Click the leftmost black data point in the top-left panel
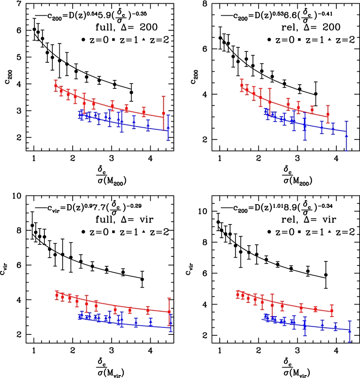click(34, 29)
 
